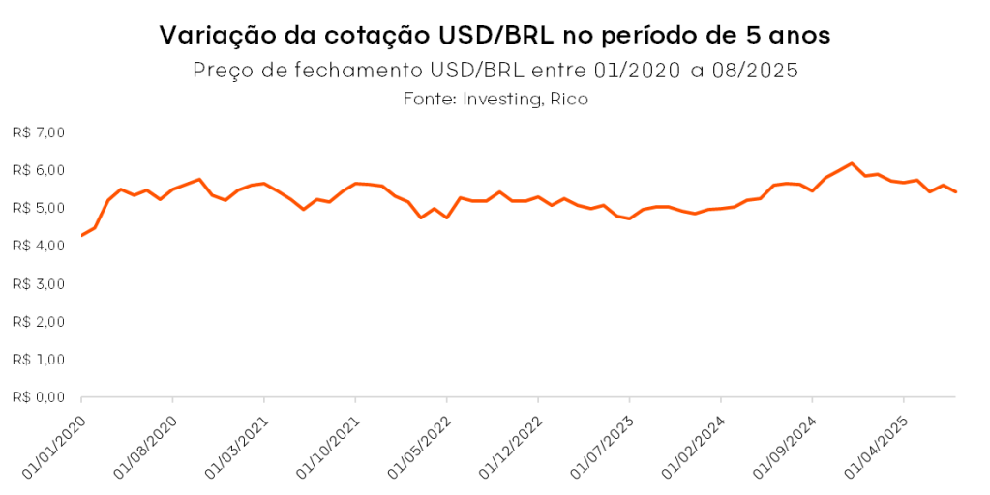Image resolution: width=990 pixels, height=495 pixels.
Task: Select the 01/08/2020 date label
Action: click(x=146, y=442)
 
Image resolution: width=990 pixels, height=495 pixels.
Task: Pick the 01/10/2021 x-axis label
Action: click(x=329, y=442)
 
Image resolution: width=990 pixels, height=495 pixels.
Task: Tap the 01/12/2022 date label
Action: click(x=511, y=442)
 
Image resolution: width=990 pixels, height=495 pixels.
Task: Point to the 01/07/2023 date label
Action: click(x=603, y=442)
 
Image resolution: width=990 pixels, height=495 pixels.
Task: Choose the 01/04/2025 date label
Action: click(x=877, y=442)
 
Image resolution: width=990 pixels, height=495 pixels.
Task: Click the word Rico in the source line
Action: click(x=569, y=99)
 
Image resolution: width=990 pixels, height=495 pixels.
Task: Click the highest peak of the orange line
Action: click(x=851, y=163)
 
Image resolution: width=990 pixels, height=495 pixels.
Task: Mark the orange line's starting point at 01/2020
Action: click(x=81, y=235)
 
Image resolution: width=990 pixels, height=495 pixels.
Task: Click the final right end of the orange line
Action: click(x=956, y=191)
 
